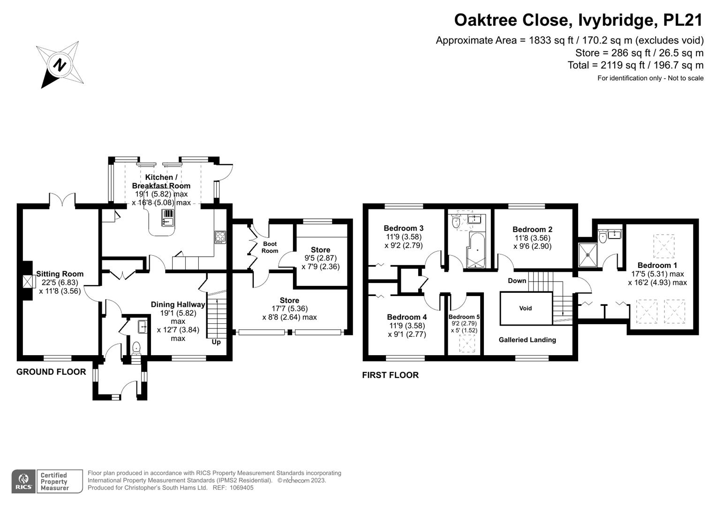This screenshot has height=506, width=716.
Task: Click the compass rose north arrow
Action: point(60,65)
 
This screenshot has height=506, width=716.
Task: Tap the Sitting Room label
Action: point(60,274)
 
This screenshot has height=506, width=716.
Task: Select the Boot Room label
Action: point(270,247)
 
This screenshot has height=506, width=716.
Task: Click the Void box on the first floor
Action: point(526,308)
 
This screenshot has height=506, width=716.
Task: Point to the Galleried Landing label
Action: point(527,340)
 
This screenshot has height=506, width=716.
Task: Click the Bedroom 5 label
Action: point(464,317)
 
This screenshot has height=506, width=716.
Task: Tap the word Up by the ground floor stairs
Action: point(216,342)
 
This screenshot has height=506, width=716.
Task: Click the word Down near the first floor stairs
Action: point(517,281)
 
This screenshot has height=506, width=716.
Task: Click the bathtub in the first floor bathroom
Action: point(476,251)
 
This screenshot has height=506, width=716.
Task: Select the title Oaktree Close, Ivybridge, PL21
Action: point(579,20)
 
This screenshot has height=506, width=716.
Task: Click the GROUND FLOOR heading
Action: point(51,372)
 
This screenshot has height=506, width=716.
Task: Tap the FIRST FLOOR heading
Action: point(390,375)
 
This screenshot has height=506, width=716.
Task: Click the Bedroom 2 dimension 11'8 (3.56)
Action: point(532,238)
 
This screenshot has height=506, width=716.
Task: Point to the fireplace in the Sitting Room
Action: point(28,282)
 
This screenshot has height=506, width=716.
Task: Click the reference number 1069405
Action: point(239,488)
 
